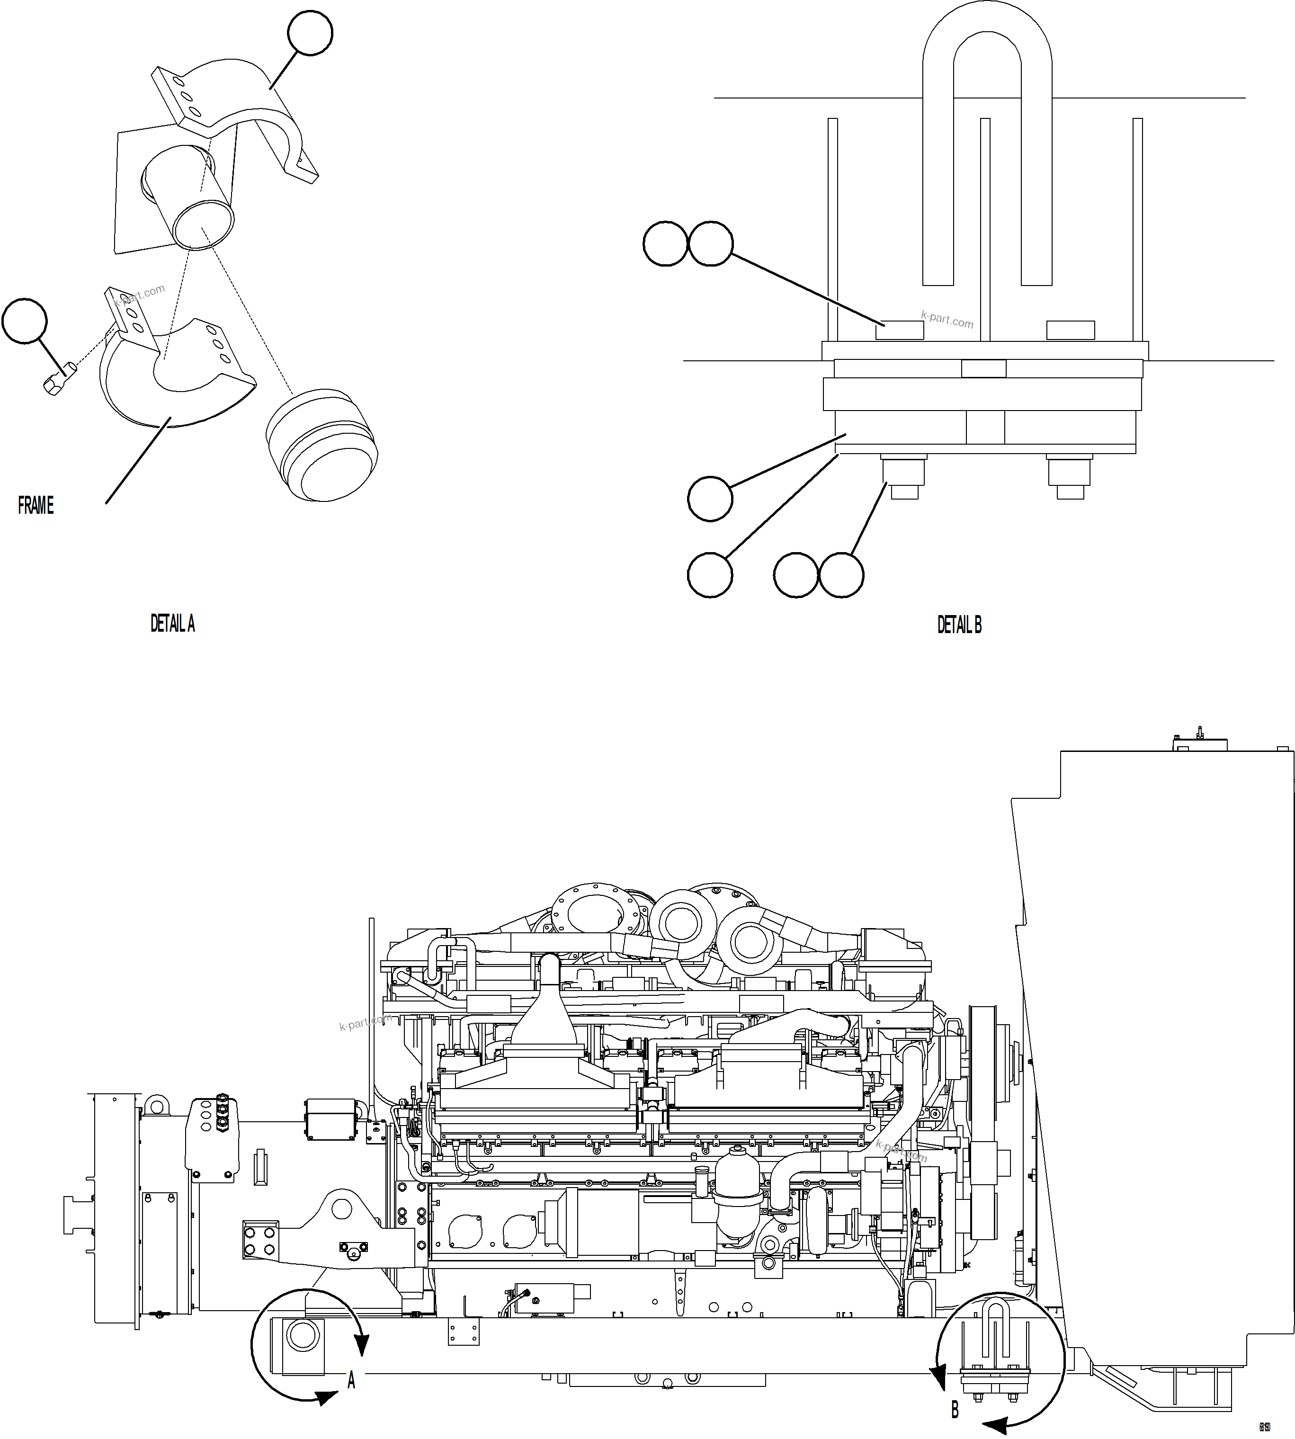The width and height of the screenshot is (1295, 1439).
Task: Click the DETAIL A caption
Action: tap(172, 624)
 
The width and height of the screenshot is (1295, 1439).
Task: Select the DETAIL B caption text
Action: tap(959, 625)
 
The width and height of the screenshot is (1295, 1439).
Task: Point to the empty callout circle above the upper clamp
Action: tap(310, 32)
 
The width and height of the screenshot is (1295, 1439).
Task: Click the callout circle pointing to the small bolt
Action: tap(25, 321)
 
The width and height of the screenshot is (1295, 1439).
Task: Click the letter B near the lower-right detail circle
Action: tap(955, 1409)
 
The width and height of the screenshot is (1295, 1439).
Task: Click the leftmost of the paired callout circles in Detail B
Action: tap(665, 244)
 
